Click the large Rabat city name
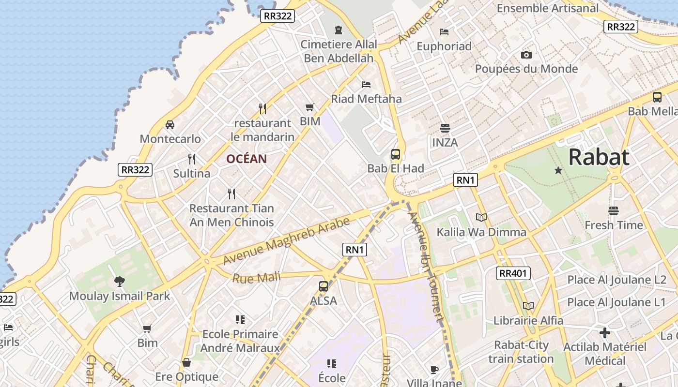click(x=599, y=157)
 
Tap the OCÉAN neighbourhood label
click(x=247, y=159)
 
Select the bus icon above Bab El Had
click(x=396, y=154)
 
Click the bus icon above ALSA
click(x=324, y=286)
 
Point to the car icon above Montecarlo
click(x=170, y=125)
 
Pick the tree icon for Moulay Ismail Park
click(x=119, y=282)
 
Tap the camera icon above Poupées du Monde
click(x=526, y=55)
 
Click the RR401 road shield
click(x=513, y=273)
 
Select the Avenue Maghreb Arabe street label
click(x=286, y=241)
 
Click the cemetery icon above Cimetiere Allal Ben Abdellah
click(x=338, y=30)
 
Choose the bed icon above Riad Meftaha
click(x=366, y=85)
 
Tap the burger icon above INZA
click(x=445, y=128)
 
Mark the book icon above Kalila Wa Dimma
click(x=481, y=218)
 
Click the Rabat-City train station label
click(x=521, y=352)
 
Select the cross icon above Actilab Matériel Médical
click(x=604, y=333)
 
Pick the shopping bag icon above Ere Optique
click(x=186, y=362)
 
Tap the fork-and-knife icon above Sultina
click(x=192, y=159)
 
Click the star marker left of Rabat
click(x=558, y=170)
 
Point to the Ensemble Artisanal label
click(x=548, y=8)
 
